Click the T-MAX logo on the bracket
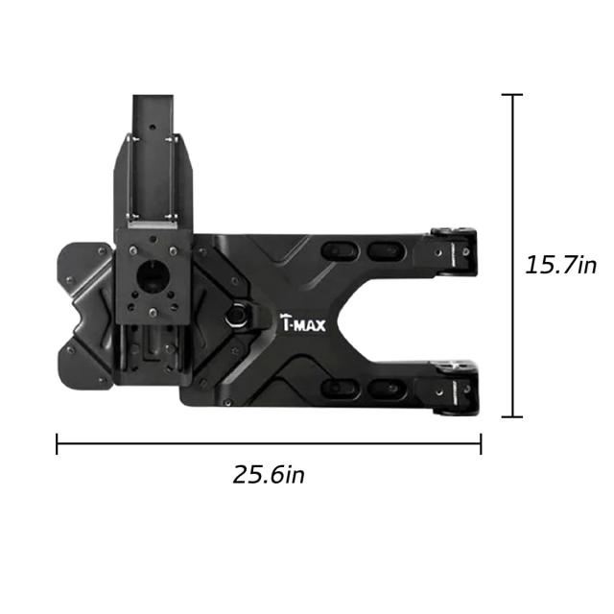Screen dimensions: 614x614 pos(303,322)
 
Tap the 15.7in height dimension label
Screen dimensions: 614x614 pos(560,265)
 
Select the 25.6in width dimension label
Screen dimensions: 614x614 pos(269,475)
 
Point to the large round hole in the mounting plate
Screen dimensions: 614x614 pos(152,275)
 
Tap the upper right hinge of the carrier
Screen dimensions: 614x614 pos(454,250)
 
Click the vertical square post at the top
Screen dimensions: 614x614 pos(153,156)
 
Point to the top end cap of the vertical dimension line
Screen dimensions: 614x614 pos(512,94)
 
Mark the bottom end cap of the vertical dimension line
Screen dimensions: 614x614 pos(512,417)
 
